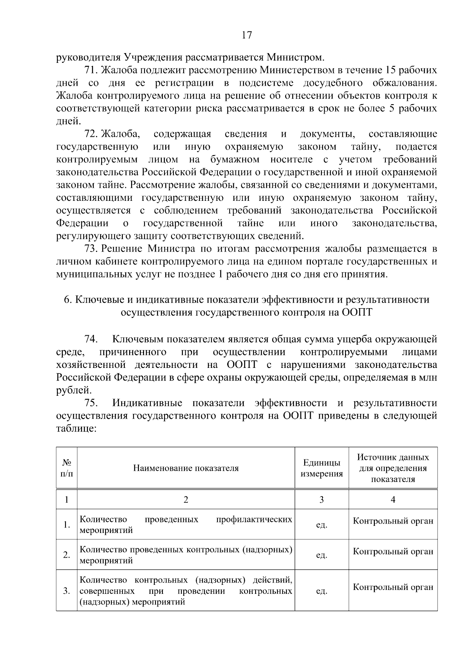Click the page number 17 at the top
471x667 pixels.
(246, 35)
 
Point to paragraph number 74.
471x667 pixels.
(91, 339)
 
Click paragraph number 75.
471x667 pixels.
(91, 403)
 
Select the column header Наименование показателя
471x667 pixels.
(186, 468)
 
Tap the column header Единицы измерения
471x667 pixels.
(321, 468)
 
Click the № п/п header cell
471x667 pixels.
(67, 468)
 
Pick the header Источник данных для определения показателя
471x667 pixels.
(393, 468)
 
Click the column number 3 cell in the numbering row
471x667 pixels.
(321, 500)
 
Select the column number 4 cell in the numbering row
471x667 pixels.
(393, 500)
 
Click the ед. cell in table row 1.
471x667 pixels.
(321, 525)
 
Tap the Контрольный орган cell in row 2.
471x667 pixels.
(393, 551)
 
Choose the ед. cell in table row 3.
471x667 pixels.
(321, 591)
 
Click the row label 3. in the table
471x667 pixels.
(67, 591)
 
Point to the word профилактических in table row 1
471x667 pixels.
(254, 520)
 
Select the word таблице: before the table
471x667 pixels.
(76, 428)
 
